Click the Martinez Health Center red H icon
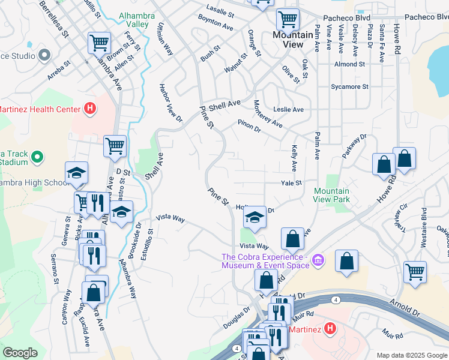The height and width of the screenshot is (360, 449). point(89,109)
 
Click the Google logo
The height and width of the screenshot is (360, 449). point(20,353)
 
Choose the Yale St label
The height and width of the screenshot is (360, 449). point(291,182)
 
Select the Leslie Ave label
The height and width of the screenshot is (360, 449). point(288,110)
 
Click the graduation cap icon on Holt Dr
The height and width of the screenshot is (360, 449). point(255,217)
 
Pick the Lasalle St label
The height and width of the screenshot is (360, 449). point(219,12)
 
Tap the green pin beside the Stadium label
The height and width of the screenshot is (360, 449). point(37,157)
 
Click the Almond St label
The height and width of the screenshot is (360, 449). point(350,64)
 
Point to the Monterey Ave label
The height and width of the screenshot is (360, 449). point(267,114)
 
